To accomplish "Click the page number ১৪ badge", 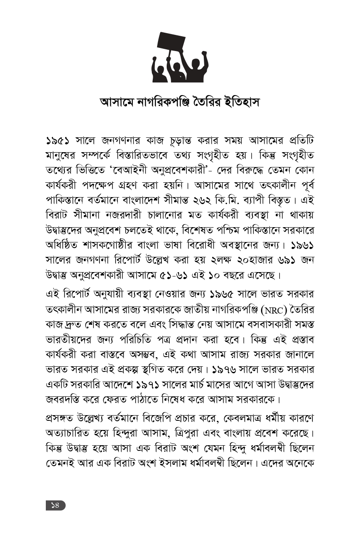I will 55,505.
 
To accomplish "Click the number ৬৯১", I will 285,259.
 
